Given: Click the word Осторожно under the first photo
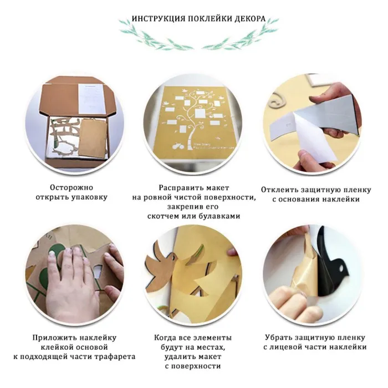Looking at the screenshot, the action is (72, 187).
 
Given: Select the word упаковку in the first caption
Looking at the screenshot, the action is (89, 197).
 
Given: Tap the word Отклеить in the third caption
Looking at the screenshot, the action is (279, 190).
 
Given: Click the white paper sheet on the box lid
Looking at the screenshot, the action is (90, 99).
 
